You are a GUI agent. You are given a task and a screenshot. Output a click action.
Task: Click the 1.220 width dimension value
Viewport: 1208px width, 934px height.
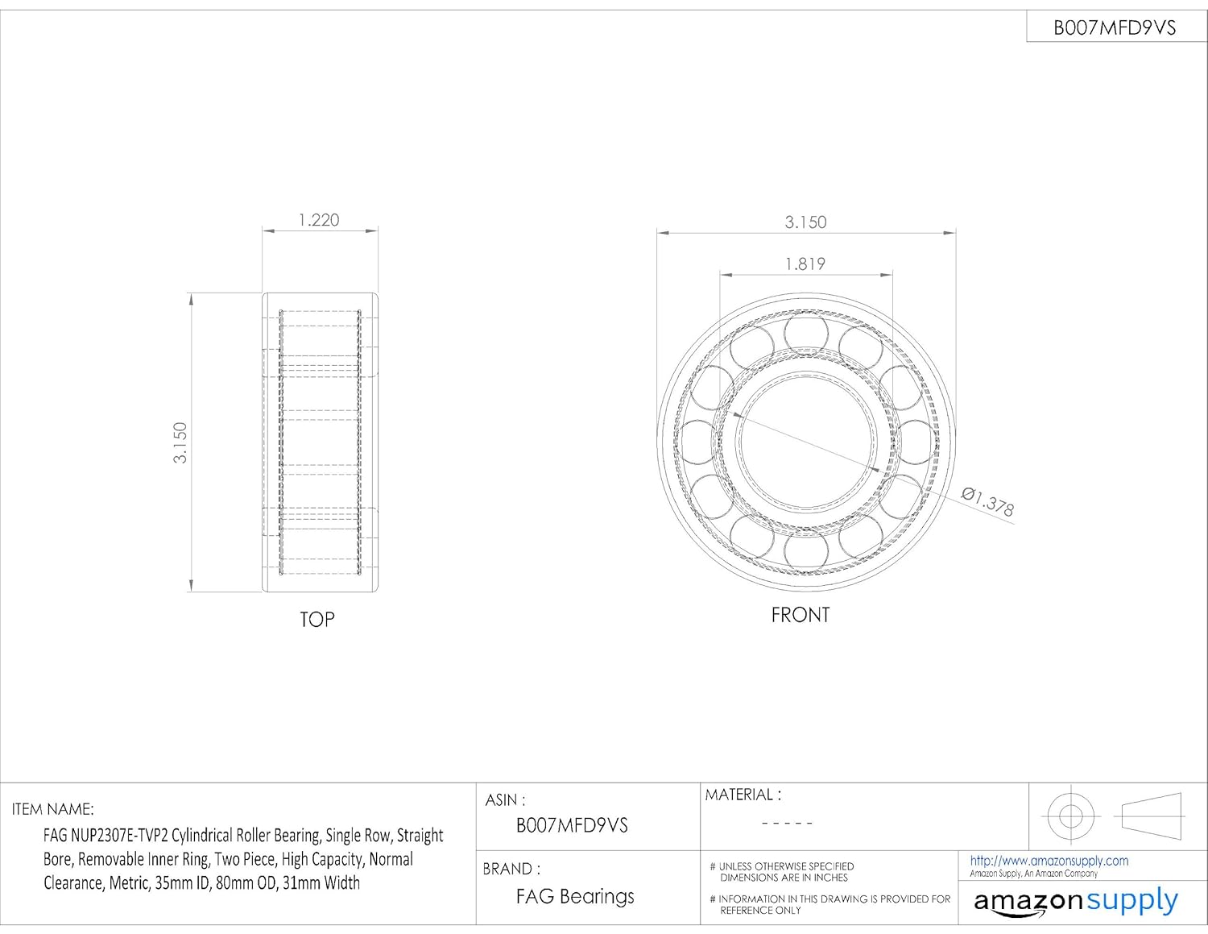coord(319,220)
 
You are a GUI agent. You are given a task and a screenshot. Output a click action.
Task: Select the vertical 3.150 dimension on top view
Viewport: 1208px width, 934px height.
coord(180,442)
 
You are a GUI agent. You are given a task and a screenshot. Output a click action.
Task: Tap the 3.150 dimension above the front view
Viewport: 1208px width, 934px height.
coord(805,222)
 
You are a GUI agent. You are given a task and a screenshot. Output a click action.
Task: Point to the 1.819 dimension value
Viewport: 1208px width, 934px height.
coord(805,264)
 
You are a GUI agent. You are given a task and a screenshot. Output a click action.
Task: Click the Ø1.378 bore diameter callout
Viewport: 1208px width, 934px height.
coord(988,501)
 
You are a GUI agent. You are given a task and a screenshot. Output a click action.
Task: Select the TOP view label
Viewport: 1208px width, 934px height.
coord(317,620)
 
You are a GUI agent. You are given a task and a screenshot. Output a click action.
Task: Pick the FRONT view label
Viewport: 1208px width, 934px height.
coord(800,615)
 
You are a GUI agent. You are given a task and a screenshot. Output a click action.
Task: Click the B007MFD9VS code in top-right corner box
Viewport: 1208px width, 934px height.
coord(1115,28)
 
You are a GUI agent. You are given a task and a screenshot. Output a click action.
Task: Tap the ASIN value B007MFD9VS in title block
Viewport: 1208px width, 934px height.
coord(572,826)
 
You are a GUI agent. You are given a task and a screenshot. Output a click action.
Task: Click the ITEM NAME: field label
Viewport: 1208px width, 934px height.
coord(53,809)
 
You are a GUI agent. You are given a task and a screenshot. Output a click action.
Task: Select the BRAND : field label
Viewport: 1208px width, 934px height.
coord(511,869)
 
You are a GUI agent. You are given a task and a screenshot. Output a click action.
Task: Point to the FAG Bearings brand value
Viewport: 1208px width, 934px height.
coord(575,897)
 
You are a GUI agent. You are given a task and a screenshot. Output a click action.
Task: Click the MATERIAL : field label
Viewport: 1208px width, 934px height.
coord(743,795)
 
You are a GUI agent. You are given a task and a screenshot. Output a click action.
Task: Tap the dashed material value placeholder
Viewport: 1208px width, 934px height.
coord(787,824)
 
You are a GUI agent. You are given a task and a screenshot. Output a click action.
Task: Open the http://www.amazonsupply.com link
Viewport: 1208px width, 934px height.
coord(1049,861)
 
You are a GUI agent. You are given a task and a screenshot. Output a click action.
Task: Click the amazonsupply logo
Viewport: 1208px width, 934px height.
coord(1075,901)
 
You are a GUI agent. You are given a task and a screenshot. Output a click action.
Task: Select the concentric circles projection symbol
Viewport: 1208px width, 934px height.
coord(1070,816)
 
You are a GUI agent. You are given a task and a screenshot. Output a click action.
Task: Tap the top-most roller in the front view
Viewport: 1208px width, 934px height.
coord(806,333)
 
